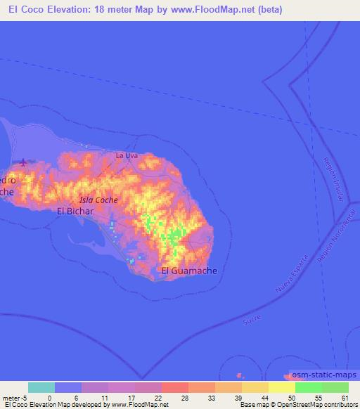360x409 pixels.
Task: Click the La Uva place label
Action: point(126,155)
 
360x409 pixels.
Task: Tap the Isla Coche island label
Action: point(98,200)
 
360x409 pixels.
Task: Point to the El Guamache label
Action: point(189,270)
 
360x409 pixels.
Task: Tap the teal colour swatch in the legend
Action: point(41,387)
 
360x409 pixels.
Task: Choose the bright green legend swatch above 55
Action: point(308,387)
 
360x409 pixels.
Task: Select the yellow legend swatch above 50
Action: point(281,387)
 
